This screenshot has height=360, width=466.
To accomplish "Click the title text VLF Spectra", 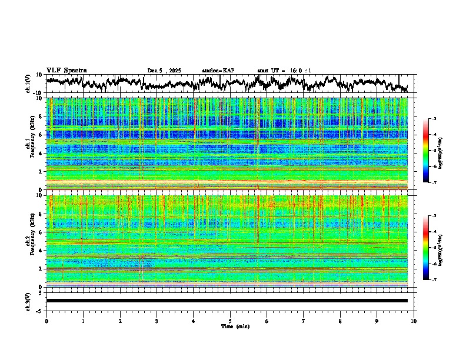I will click(x=66, y=71).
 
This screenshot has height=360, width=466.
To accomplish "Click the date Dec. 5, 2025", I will click(x=164, y=71).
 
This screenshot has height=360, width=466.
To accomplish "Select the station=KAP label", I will click(x=218, y=71).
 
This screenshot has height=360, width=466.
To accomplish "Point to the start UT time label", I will click(x=284, y=71).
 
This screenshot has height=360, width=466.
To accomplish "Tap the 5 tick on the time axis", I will click(x=230, y=321).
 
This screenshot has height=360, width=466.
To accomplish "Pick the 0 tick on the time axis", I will click(x=46, y=321).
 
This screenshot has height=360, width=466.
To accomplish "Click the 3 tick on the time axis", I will click(x=157, y=321).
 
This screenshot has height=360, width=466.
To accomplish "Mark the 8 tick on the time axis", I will click(x=340, y=321).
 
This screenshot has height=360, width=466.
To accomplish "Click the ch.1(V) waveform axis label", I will click(x=28, y=84).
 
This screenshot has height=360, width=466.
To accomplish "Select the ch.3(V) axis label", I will click(x=28, y=301).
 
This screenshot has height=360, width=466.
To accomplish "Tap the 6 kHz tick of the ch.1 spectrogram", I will click(x=41, y=135).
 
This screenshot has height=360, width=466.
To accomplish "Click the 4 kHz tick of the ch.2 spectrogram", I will click(x=41, y=251).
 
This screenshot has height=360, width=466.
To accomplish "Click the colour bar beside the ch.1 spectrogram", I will click(x=425, y=151).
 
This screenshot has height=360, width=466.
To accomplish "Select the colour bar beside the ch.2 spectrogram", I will click(x=425, y=248).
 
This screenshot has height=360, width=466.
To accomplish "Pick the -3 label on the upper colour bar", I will click(x=434, y=119).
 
